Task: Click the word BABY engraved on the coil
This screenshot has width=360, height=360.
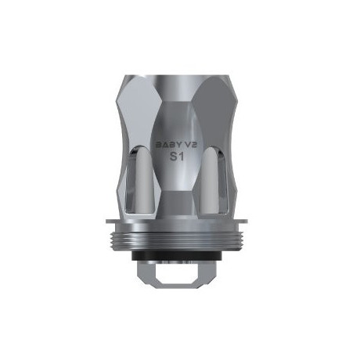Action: click(x=164, y=145)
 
